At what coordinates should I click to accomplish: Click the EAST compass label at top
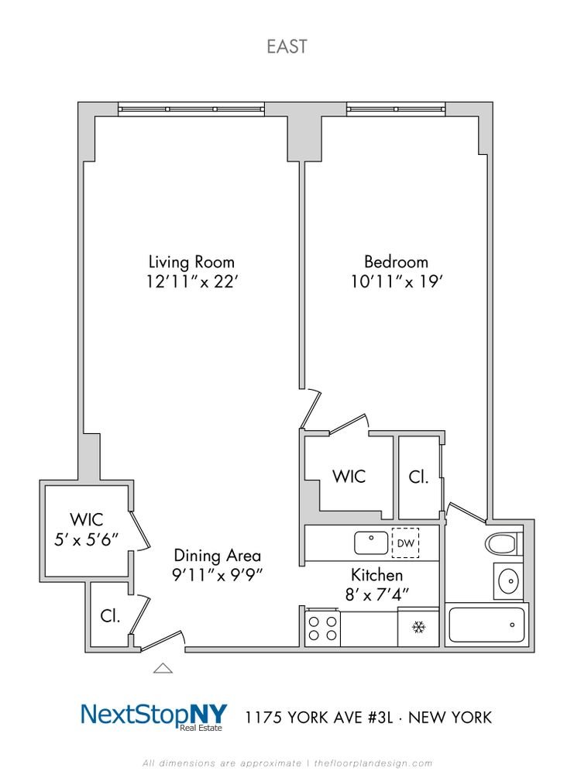287,46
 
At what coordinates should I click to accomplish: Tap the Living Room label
191,261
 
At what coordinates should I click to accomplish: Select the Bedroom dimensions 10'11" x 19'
396,282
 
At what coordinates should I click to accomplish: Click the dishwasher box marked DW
405,543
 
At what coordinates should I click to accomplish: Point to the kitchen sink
371,542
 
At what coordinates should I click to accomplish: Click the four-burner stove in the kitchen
322,629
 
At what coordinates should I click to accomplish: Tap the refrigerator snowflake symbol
419,628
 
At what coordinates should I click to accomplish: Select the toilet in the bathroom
504,544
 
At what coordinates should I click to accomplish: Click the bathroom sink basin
508,580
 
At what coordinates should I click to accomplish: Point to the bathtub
486,625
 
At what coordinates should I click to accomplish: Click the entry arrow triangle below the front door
163,669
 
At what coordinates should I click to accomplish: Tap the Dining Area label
218,556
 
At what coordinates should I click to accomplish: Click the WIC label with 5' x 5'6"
87,529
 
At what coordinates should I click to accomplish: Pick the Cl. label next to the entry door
110,616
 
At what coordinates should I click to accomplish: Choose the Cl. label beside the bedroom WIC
418,477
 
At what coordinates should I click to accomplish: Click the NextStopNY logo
154,716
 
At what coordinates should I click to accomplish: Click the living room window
191,108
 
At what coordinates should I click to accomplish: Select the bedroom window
396,108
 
